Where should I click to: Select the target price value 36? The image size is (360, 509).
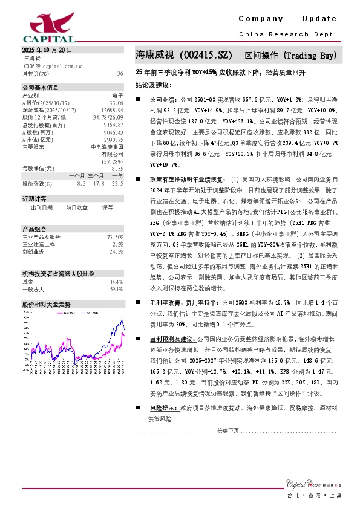click(x=120, y=73)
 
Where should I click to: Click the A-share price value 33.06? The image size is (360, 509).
click(x=116, y=103)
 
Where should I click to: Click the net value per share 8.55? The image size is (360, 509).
click(x=117, y=169)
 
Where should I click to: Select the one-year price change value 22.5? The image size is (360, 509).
click(x=117, y=183)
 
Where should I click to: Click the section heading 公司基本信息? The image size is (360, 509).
click(x=41, y=87)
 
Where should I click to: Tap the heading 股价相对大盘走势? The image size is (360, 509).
click(x=46, y=304)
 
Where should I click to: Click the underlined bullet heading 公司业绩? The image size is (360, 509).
click(x=162, y=98)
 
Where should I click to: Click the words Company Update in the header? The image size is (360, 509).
click(x=287, y=19)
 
